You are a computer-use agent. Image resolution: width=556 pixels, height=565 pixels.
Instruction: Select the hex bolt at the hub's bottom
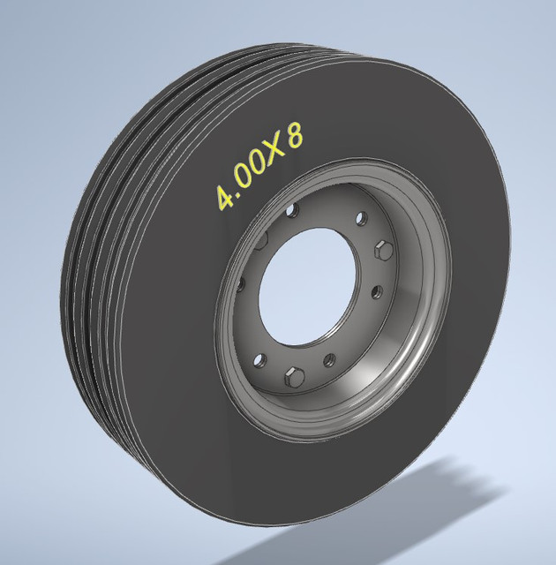point(294,377)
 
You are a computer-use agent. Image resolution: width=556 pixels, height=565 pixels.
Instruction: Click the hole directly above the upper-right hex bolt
point(360,218)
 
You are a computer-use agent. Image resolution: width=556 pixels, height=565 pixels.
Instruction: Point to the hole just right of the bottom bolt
point(328,358)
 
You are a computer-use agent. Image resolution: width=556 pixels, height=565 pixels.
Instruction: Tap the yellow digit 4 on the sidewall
point(226,197)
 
